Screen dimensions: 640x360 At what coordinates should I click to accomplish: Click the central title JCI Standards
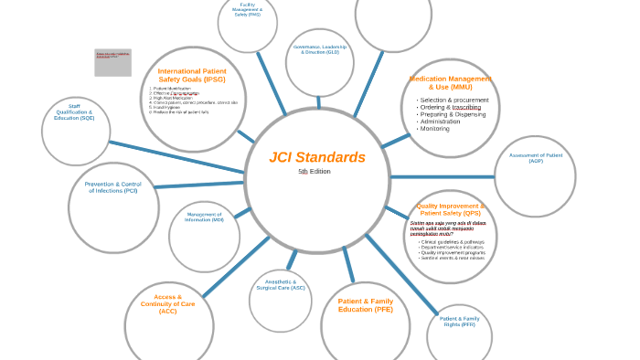tap(317, 157)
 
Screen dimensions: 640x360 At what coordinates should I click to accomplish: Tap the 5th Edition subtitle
tap(315, 172)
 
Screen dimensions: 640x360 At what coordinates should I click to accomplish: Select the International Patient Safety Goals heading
tap(192, 75)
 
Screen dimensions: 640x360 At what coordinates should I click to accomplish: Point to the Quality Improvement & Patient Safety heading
tap(450, 209)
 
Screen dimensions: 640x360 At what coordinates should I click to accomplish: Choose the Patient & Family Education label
tap(366, 304)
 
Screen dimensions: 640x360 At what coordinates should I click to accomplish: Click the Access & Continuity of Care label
tap(168, 303)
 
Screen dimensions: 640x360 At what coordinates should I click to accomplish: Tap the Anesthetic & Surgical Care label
tap(281, 284)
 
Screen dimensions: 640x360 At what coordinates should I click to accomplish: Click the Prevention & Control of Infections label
tap(113, 187)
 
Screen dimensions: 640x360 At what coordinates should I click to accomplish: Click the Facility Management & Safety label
tap(248, 9)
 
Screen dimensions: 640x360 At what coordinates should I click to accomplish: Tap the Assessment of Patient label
tap(536, 158)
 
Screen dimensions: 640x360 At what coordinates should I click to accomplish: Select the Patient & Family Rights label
tap(460, 321)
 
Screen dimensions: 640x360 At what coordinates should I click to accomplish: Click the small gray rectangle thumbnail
tap(112, 62)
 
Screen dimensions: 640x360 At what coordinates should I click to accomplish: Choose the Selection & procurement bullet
tap(453, 100)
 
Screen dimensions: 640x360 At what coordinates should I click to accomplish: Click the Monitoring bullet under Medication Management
tap(434, 129)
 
